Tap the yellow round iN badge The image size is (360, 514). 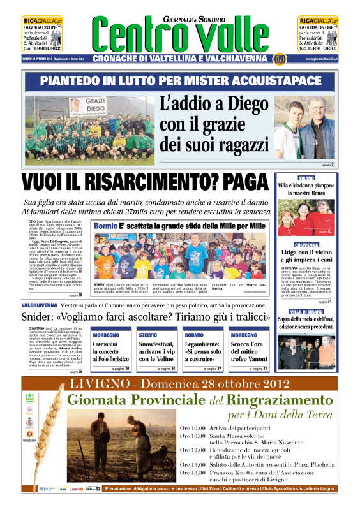(280, 59)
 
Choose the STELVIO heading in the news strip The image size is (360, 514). (148, 334)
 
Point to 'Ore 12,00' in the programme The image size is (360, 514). (174, 450)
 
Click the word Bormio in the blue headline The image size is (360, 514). (106, 226)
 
